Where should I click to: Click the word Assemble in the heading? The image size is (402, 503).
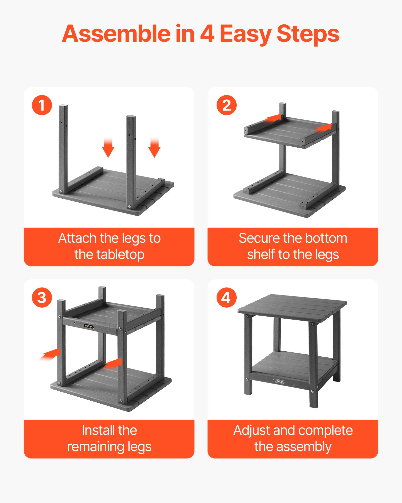[x=116, y=34]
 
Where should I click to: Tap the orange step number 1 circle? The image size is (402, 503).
[x=42, y=105]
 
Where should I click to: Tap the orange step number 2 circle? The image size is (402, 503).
[x=226, y=105]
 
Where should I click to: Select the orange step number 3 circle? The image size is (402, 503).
[x=42, y=298]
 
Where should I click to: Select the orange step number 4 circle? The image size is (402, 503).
[x=226, y=298]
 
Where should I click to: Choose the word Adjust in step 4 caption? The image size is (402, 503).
[x=252, y=430]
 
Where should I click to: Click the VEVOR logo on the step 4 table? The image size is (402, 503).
[x=279, y=381]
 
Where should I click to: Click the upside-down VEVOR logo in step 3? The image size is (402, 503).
[x=88, y=326]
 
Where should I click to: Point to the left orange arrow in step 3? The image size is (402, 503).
[x=50, y=354]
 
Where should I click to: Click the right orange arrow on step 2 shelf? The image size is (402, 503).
[x=323, y=128]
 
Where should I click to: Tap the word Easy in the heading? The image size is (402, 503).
[x=245, y=34]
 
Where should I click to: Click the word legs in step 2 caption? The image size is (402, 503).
[x=327, y=255]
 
